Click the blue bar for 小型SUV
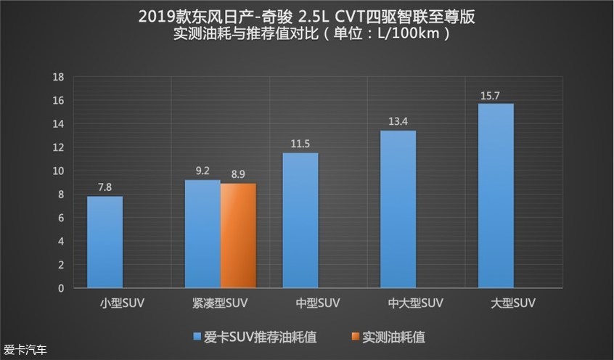pos(105,242)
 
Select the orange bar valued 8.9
pos(238,236)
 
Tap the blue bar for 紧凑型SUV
pos(202,234)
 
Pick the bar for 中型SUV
pos(300,221)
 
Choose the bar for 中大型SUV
pos(398,209)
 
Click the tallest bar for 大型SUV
pos(496,196)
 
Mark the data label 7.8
pos(105,188)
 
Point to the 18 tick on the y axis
pos(60,77)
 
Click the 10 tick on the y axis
pos(60,171)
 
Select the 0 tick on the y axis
pos(62,288)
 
